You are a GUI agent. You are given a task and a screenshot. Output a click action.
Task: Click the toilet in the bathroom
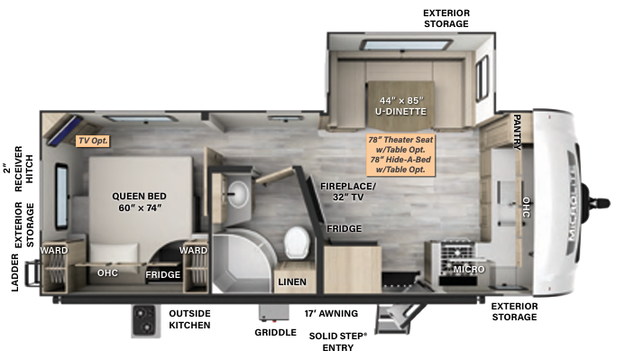point(296,243)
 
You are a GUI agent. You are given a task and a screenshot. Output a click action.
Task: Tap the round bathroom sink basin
point(238,191)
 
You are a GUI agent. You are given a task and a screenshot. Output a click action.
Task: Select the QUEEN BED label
point(140,201)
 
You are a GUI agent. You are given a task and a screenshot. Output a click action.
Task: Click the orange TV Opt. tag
point(93,140)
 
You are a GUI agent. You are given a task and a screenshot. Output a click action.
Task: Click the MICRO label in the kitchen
point(469,269)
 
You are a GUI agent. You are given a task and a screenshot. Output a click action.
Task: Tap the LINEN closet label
point(291,282)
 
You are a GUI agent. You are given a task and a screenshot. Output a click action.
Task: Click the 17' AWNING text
point(331,313)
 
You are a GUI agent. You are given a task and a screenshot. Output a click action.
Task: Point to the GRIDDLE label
point(275,332)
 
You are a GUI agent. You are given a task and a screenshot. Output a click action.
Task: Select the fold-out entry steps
point(393,319)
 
